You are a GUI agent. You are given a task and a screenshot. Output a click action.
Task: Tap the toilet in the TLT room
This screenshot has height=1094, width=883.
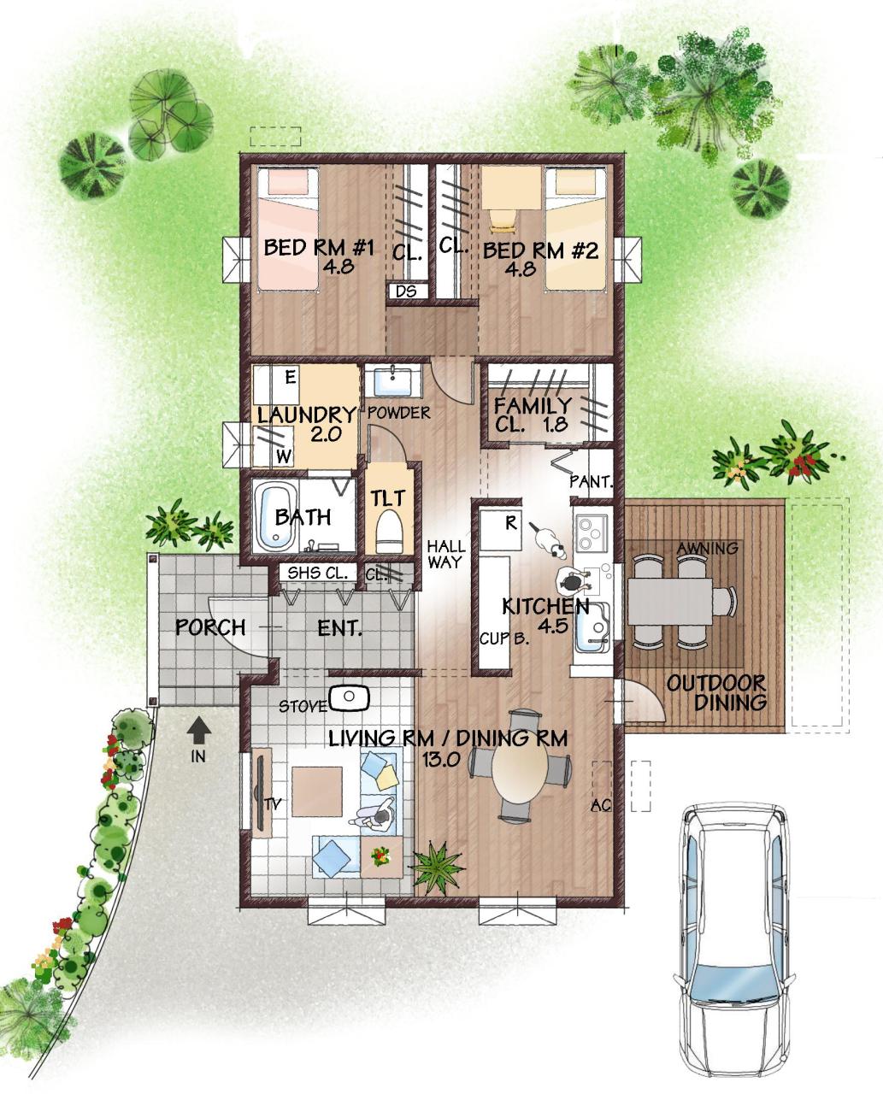389,531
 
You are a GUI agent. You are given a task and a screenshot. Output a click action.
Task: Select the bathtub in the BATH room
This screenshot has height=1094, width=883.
276,516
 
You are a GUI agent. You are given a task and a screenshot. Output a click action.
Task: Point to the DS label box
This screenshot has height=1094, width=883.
407,291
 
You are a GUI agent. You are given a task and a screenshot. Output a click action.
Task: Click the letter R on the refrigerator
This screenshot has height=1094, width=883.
511,522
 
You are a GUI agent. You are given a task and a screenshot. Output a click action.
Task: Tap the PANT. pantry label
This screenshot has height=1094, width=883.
592,482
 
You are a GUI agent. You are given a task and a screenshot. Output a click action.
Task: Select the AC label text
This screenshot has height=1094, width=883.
600,805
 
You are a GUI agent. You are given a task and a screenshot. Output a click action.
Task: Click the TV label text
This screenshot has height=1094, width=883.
273,803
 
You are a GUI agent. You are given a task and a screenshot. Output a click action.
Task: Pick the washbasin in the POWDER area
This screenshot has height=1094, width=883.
393,380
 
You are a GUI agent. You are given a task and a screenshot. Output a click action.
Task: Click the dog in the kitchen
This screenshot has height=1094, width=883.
548,542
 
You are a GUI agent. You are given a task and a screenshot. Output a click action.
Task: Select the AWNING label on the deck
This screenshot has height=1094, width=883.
707,549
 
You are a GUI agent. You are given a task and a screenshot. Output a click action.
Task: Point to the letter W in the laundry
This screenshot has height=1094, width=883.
284,456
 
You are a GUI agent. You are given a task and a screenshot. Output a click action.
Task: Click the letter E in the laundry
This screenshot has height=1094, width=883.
291,378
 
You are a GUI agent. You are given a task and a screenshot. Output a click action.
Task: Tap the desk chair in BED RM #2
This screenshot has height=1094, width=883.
502,221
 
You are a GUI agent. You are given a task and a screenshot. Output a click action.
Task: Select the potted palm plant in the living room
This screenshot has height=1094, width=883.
438,868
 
